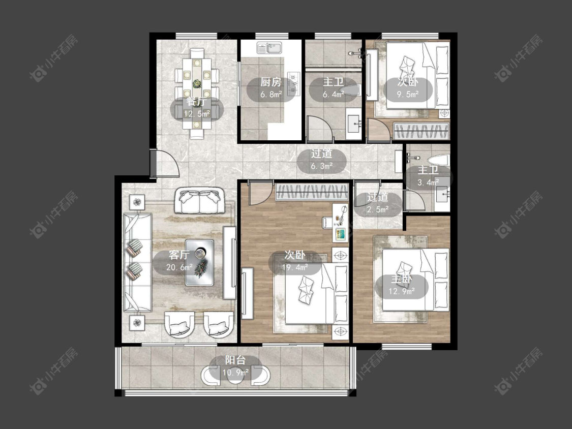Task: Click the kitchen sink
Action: (x=269, y=48)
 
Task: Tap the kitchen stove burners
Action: (x=294, y=84)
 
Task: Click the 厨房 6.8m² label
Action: (x=271, y=88)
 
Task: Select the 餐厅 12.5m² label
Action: (x=197, y=108)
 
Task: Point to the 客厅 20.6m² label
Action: (x=179, y=261)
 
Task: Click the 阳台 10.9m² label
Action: (x=235, y=366)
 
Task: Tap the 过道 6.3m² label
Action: (x=321, y=160)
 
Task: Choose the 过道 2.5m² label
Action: (x=378, y=203)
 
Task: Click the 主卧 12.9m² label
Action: (x=401, y=286)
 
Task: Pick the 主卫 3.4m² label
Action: (x=428, y=176)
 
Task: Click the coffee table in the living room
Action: (x=199, y=262)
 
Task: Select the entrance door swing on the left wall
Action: (x=164, y=164)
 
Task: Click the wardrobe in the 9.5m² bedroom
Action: (x=421, y=131)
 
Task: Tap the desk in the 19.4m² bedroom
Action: (x=340, y=223)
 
